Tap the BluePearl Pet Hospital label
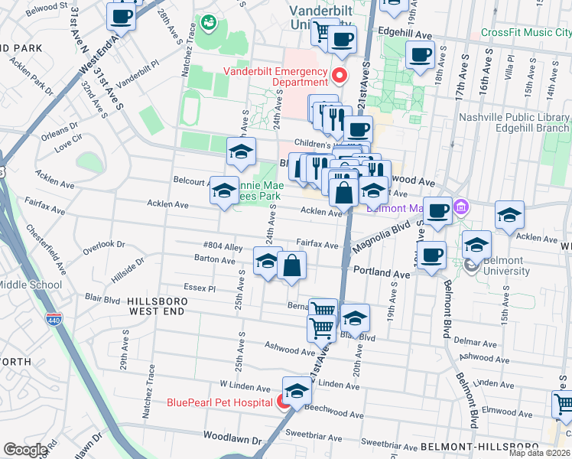pyautogui.click(x=220, y=403)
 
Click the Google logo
pyautogui.click(x=24, y=450)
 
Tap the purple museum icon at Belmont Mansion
pyautogui.click(x=461, y=207)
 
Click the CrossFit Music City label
pyautogui.click(x=526, y=33)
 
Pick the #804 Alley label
pyautogui.click(x=223, y=246)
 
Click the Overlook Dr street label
pyautogui.click(x=104, y=244)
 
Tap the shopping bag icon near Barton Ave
pyautogui.click(x=292, y=265)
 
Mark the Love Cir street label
pyautogui.click(x=68, y=141)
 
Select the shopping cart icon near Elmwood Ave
pyautogui.click(x=564, y=403)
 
